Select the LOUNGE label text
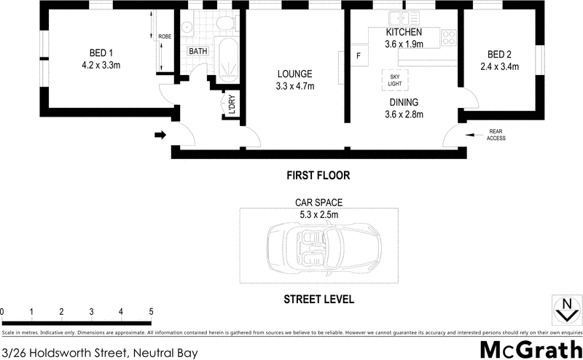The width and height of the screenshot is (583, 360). click(294, 74)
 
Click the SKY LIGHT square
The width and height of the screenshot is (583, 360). click(395, 79)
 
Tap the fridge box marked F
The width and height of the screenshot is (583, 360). click(358, 56)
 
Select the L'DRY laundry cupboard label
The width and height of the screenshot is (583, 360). click(230, 107)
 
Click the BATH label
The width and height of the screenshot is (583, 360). click(197, 52)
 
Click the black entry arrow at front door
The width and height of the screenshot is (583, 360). click(160, 134)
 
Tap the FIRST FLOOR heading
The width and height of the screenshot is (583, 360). click(318, 176)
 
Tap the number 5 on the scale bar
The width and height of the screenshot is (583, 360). click(151, 312)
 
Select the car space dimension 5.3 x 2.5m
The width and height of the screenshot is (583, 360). click(318, 214)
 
